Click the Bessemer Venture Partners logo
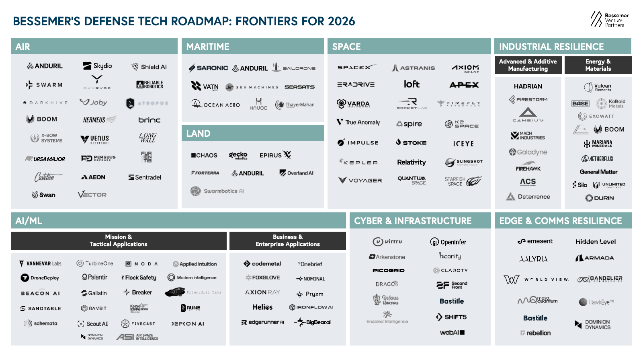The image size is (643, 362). (x=609, y=20)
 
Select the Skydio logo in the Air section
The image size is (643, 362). (x=97, y=66)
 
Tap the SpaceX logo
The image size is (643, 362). (x=356, y=68)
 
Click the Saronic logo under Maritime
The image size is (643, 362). (x=209, y=68)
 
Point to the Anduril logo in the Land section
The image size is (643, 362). (x=248, y=173)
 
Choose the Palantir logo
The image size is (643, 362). (x=95, y=277)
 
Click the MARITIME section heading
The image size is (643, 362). (x=208, y=47)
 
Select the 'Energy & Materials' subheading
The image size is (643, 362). (x=598, y=65)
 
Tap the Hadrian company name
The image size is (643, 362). (x=528, y=86)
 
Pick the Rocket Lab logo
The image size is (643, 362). (x=412, y=103)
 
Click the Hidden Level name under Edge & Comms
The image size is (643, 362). (x=595, y=242)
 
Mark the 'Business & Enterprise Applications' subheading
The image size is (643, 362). (x=287, y=241)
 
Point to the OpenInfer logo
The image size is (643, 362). (x=448, y=242)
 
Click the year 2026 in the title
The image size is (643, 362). (x=341, y=21)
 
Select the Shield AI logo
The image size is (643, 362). (x=149, y=67)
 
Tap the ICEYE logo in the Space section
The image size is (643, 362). (x=463, y=144)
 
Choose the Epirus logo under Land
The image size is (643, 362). (x=275, y=155)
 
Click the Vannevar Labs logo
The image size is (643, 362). (x=41, y=263)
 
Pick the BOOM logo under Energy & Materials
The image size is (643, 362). (x=609, y=130)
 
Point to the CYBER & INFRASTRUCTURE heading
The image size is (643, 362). (x=413, y=221)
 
